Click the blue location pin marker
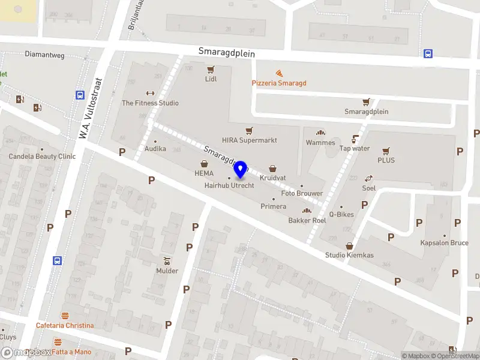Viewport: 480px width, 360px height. click(x=241, y=169)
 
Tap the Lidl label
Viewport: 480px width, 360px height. click(x=211, y=79)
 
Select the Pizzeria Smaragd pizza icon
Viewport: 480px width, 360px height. click(x=279, y=73)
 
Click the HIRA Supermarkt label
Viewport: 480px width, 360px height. click(x=250, y=140)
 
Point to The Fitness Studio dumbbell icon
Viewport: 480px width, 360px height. click(x=150, y=93)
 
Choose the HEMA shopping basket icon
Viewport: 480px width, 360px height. click(x=204, y=163)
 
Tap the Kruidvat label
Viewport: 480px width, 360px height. click(x=273, y=178)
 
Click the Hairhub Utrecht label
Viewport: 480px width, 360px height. click(x=229, y=186)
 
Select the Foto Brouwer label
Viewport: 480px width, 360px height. click(x=302, y=193)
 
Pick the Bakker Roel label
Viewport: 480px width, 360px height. click(x=307, y=220)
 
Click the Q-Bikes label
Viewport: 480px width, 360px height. click(x=341, y=214)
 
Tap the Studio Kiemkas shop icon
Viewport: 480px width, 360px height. click(x=349, y=246)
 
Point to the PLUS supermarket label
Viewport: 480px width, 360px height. click(x=386, y=160)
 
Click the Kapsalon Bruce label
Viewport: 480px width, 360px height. click(x=444, y=243)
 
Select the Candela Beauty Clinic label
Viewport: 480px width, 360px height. click(x=42, y=157)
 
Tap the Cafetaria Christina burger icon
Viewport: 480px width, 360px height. click(x=65, y=316)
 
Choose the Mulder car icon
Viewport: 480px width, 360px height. click(x=167, y=261)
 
